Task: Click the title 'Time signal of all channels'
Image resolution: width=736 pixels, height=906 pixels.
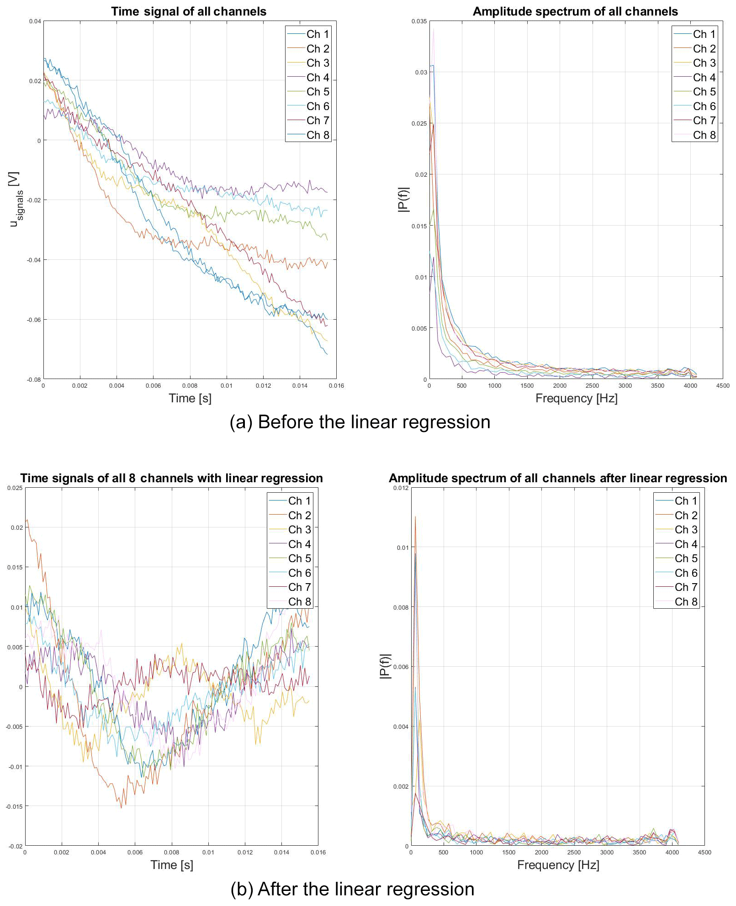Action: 189,11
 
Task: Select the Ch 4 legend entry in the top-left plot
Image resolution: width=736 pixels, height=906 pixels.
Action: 318,78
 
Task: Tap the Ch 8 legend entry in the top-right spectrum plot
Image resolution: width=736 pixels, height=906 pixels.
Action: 704,135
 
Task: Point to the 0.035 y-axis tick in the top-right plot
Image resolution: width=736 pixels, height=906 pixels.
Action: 419,21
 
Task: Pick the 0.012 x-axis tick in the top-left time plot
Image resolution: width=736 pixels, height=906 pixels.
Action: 263,386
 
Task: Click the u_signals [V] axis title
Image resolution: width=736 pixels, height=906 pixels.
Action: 15,199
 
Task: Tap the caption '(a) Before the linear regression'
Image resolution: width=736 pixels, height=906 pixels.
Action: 360,422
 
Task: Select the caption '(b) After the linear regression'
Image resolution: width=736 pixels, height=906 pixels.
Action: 352,889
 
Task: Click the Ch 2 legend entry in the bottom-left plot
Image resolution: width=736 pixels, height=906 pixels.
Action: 299,516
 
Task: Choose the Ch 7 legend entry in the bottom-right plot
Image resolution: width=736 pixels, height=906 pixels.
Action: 686,587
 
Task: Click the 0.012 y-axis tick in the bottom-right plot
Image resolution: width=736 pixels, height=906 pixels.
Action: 401,488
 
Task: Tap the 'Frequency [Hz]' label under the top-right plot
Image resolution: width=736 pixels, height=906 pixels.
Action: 576,398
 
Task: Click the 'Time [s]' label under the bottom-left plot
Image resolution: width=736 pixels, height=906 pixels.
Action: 172,865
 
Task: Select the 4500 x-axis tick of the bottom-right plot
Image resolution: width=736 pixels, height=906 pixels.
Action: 704,853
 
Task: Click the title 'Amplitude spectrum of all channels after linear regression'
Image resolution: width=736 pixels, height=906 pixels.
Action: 557,478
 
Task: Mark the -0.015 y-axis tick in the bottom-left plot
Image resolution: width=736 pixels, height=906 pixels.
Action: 14,807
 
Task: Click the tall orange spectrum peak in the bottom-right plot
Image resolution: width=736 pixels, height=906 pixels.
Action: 415,518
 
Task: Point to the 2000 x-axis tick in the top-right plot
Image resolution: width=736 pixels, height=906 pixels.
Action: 560,386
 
